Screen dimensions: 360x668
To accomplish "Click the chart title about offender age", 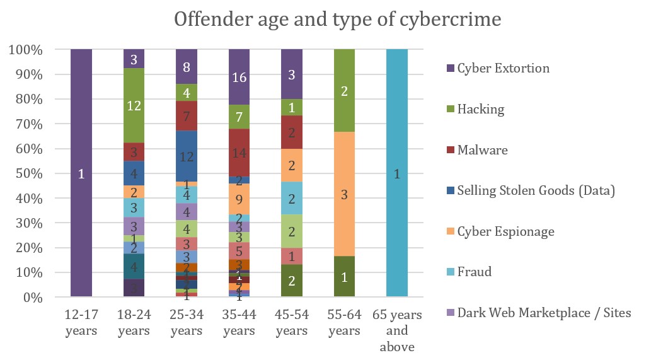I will tap(337, 20).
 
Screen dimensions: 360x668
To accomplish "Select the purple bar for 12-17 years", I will tap(81, 173).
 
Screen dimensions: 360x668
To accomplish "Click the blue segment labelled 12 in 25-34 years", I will tap(187, 156).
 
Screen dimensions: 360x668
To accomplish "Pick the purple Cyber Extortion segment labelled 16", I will tap(239, 77).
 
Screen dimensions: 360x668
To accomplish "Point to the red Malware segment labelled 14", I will tap(239, 152).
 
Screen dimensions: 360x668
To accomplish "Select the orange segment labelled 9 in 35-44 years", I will tap(239, 199).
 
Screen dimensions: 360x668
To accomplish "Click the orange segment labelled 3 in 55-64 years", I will tap(344, 194).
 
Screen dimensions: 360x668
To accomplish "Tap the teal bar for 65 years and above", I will tap(397, 173).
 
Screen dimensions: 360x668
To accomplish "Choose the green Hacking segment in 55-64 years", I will tap(344, 90).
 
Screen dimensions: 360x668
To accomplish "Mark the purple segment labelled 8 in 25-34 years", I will tap(187, 67).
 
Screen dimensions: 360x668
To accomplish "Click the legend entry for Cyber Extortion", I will tap(503, 68).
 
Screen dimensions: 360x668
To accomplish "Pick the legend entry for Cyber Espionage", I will tap(506, 231).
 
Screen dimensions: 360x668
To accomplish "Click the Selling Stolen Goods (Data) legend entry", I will tap(536, 190).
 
